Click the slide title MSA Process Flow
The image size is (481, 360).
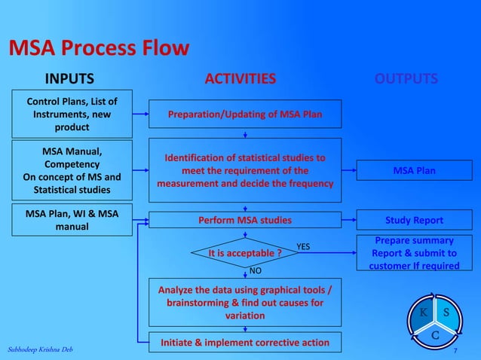click(x=98, y=50)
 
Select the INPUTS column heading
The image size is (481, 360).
click(x=70, y=79)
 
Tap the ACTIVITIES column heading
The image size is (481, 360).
click(x=240, y=79)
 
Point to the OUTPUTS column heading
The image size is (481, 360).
click(x=406, y=79)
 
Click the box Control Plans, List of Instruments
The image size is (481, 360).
click(x=72, y=114)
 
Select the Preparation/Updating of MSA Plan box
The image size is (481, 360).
click(x=245, y=114)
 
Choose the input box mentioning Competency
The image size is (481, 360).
click(x=72, y=170)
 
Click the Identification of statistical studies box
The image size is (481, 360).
click(x=245, y=170)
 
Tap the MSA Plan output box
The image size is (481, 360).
click(x=414, y=171)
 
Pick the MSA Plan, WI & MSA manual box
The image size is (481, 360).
click(x=72, y=219)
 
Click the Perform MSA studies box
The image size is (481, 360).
click(x=245, y=221)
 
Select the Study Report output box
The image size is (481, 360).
click(x=414, y=221)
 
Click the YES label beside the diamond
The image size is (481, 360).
click(x=303, y=246)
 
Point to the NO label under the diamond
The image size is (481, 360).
click(x=256, y=270)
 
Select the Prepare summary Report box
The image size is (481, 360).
click(x=414, y=254)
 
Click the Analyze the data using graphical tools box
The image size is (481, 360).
click(x=245, y=303)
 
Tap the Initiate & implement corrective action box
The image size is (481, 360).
click(x=245, y=343)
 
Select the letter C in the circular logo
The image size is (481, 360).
click(x=435, y=336)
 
